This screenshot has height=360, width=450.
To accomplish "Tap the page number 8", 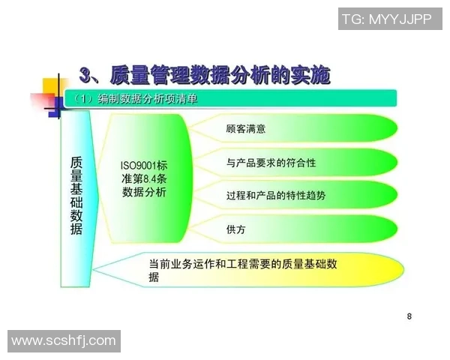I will point(409,316).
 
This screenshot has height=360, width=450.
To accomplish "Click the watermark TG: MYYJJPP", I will point(386,19).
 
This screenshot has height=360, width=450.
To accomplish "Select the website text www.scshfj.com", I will point(64,341).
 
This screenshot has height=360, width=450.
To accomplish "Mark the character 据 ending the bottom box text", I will point(154,277).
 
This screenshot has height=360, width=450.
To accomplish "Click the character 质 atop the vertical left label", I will point(76,162).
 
